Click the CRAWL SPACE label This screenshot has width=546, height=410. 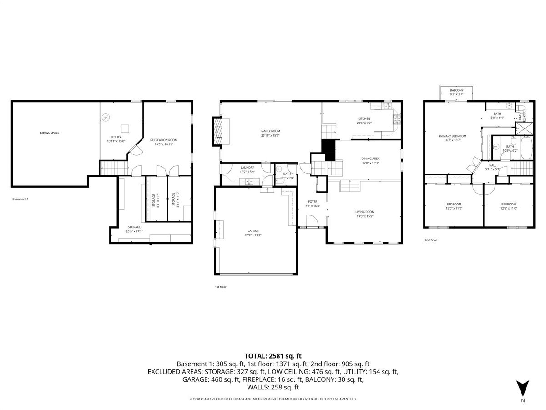coord(49,133)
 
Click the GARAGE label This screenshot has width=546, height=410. coord(253,233)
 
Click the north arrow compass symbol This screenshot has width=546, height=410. coord(523,388)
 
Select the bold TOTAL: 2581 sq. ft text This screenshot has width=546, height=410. coord(273,356)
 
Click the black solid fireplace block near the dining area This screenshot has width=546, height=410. coord(328,149)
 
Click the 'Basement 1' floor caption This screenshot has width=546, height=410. coord(20,199)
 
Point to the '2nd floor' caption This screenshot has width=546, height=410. coord(430,240)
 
